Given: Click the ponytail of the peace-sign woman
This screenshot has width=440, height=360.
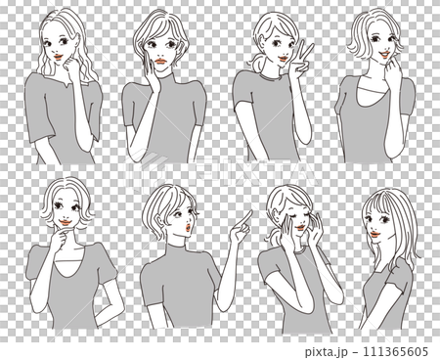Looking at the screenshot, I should click(x=263, y=69).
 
